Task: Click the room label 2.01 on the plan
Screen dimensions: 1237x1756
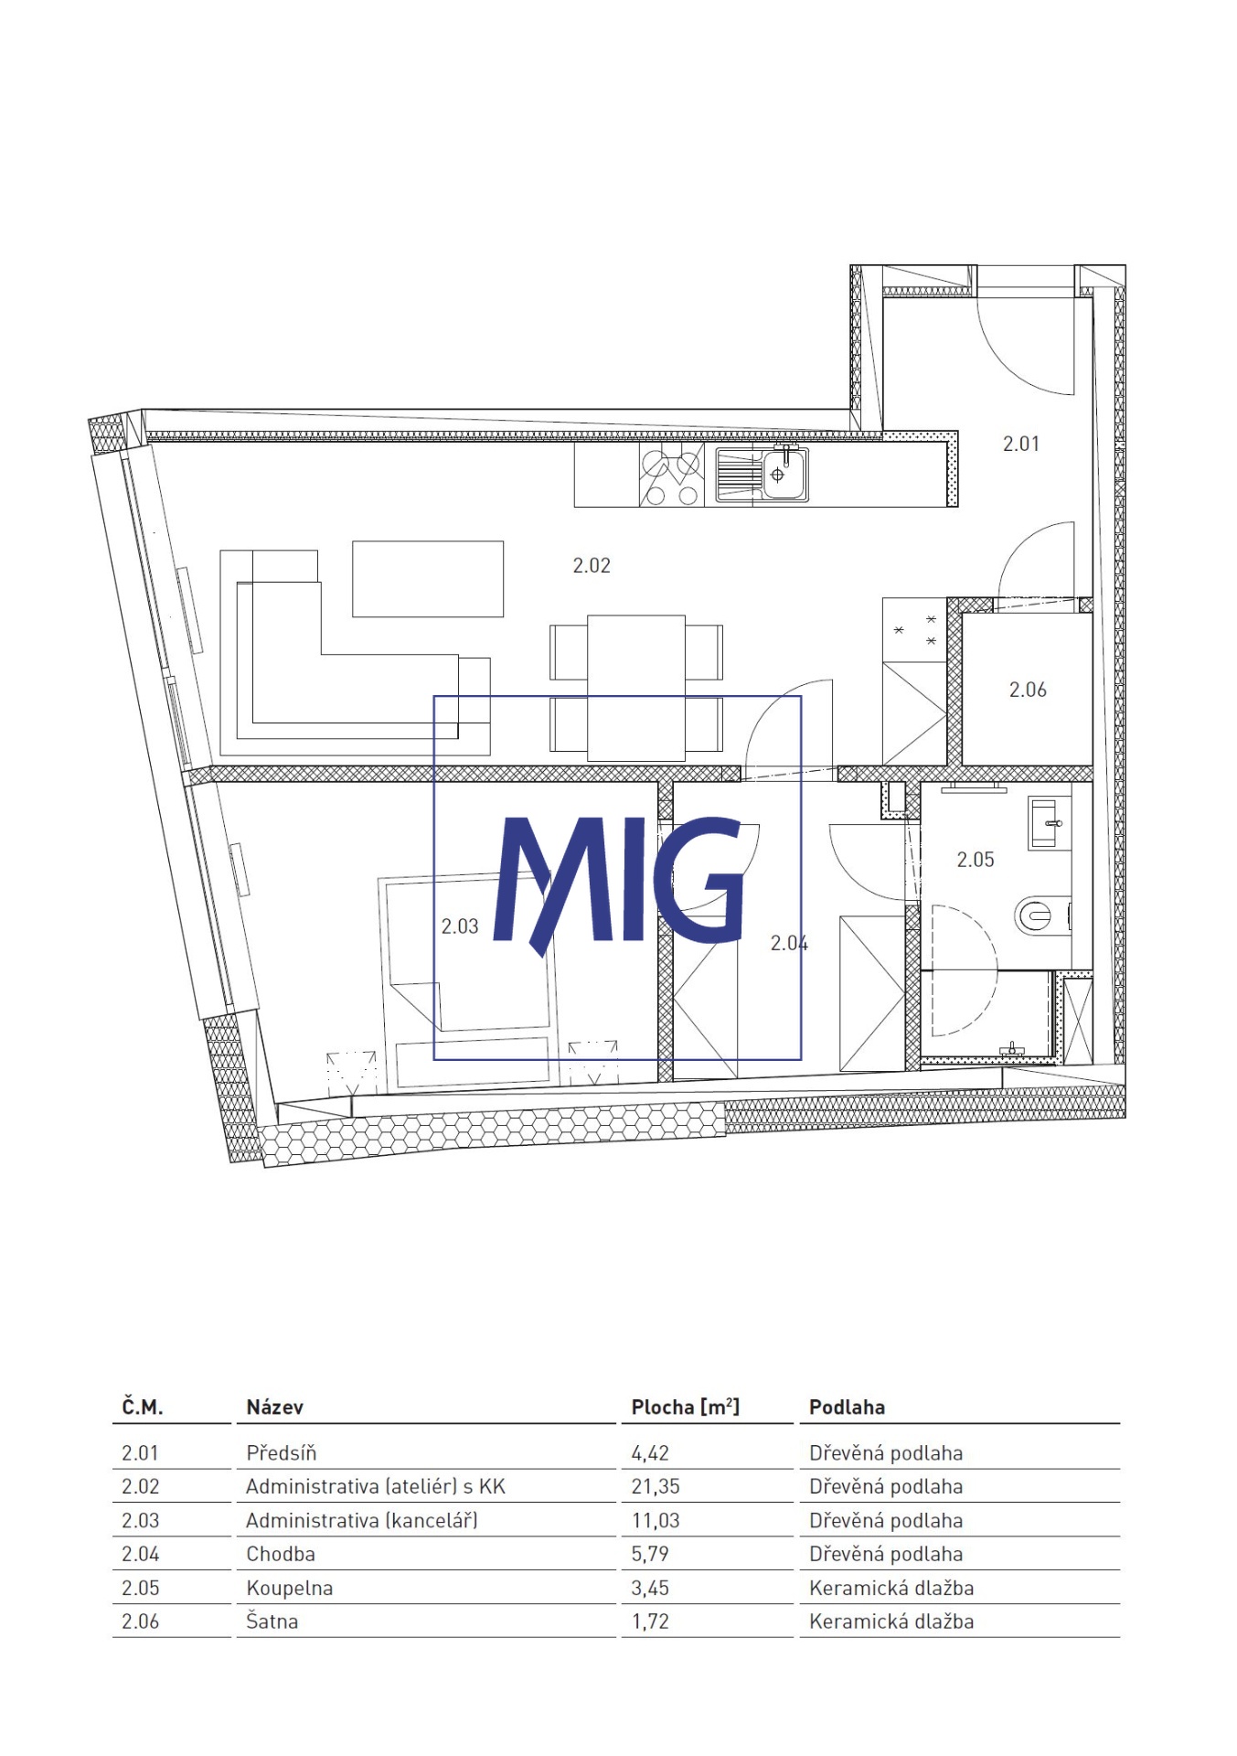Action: click(x=1020, y=444)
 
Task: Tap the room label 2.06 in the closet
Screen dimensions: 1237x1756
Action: click(x=1028, y=690)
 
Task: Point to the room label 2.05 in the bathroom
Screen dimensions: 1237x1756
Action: click(x=976, y=860)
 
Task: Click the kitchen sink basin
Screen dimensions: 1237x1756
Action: click(x=784, y=475)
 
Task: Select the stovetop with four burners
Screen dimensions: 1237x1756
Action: click(x=672, y=476)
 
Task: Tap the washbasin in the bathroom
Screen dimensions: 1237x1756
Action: click(x=1049, y=822)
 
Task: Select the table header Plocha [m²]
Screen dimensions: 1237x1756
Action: click(x=686, y=1407)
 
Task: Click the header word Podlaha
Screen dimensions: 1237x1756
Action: click(x=847, y=1407)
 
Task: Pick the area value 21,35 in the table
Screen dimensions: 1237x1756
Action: click(x=656, y=1486)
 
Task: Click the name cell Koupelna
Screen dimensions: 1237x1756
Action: click(x=289, y=1588)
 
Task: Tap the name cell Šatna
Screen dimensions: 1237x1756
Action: click(x=272, y=1621)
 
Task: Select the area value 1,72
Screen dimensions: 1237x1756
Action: click(x=650, y=1622)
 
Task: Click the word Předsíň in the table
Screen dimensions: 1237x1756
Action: click(x=282, y=1452)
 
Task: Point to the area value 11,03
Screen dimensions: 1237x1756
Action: click(x=656, y=1520)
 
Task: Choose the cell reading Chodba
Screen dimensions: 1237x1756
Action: click(x=281, y=1554)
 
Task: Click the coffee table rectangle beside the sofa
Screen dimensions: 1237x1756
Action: click(x=428, y=579)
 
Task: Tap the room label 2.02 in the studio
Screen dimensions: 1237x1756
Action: click(x=592, y=565)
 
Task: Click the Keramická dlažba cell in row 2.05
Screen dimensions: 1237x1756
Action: click(x=891, y=1588)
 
